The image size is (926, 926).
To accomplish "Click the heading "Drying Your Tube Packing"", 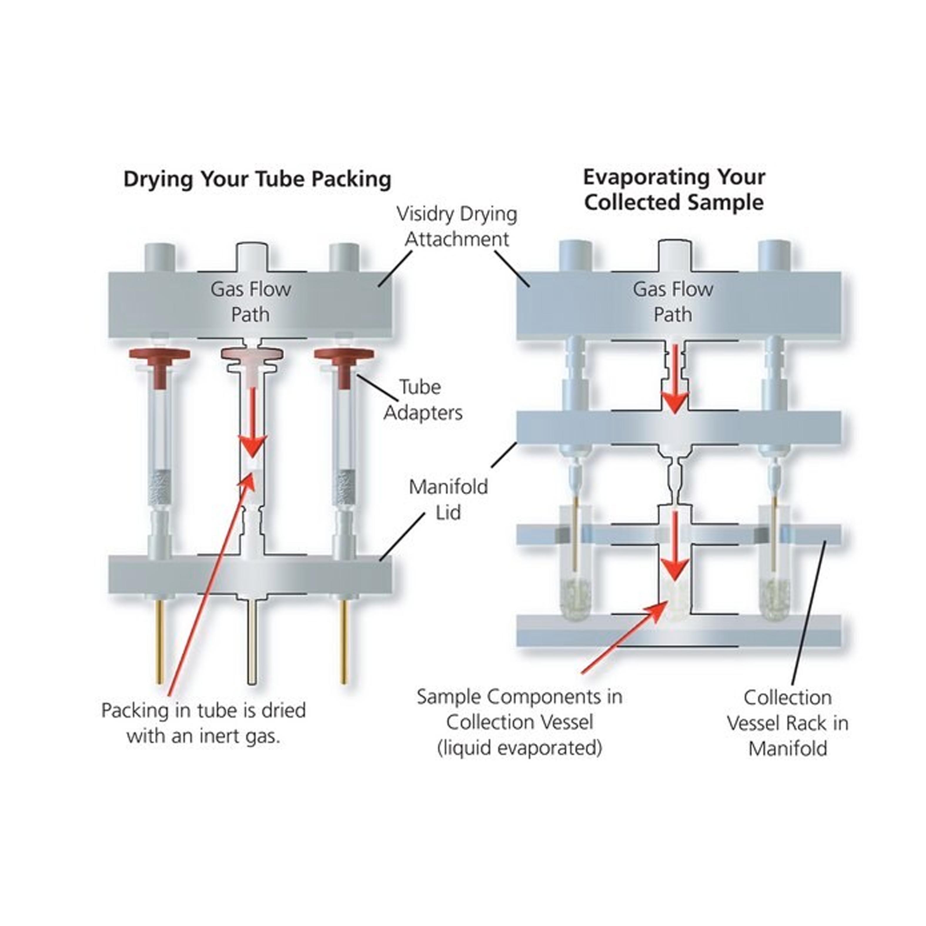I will coord(258,180).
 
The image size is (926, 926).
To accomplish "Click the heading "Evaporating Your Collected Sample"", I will coord(673,190).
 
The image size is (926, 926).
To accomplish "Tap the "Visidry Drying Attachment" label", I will coord(457,226).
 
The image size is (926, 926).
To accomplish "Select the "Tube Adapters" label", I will coord(423,400).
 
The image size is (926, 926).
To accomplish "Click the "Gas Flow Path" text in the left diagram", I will coord(251,302).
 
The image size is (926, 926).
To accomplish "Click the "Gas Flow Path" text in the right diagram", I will coord(673,302).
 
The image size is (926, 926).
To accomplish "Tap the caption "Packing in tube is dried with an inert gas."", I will coord(204,723).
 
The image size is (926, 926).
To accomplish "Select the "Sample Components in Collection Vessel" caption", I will coord(519,722).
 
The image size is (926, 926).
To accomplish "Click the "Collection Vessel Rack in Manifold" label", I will coord(788,723).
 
